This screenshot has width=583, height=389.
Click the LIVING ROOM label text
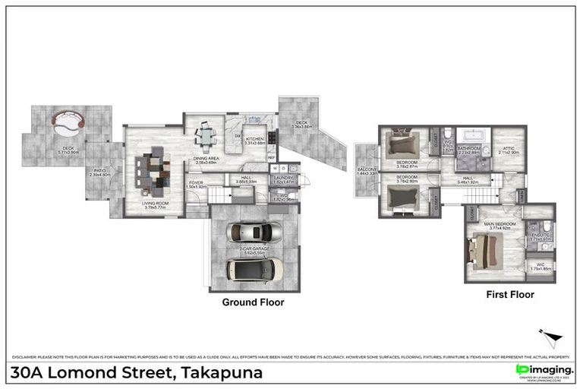pos(156,204)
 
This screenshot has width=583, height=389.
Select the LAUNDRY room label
pos(283,178)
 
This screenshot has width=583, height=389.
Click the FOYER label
pos(197,183)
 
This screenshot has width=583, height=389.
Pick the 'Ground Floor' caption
pos(253,302)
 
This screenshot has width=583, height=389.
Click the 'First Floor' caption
pos(510,295)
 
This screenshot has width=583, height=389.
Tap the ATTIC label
pos(508,149)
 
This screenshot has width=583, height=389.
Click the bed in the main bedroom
pos(485,249)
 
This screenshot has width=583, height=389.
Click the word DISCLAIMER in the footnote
pos(27,357)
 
